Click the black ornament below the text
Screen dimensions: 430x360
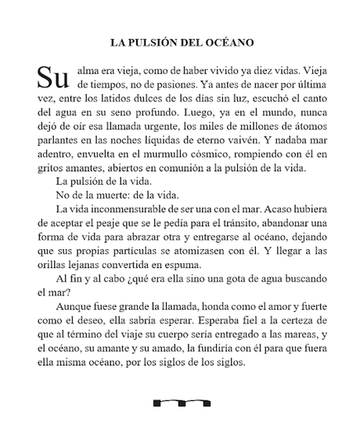[x=182, y=403]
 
